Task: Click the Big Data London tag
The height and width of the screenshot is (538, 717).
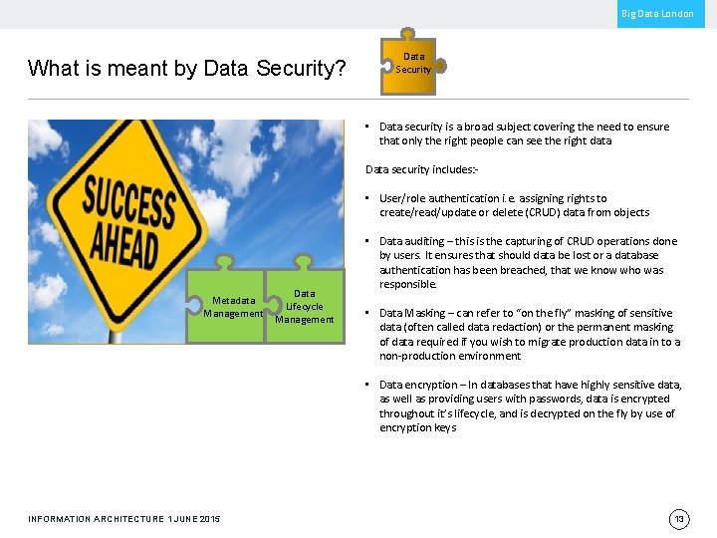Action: tap(659, 13)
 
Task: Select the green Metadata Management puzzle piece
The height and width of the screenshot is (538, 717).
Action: tap(228, 307)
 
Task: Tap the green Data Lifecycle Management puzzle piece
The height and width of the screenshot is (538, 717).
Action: tap(304, 306)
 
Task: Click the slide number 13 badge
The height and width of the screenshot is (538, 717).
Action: tap(680, 518)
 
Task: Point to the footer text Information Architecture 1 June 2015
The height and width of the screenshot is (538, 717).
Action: tap(124, 519)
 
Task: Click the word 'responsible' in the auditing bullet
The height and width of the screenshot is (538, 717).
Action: tap(407, 284)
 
